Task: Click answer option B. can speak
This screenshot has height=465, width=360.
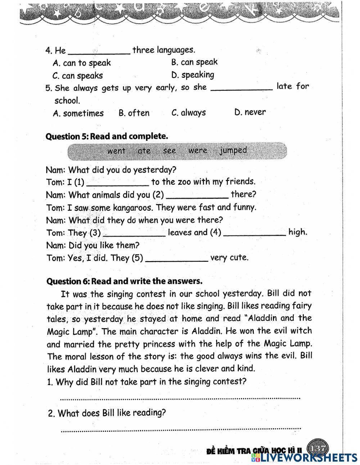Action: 194,62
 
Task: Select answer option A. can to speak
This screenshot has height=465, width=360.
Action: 82,63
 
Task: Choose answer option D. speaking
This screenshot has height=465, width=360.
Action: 193,75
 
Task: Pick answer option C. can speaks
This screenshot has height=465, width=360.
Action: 77,76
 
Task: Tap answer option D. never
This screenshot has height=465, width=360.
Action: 250,112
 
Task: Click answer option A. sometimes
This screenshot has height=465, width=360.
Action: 78,113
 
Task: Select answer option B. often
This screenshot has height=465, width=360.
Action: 134,113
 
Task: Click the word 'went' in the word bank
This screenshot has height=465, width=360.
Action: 116,151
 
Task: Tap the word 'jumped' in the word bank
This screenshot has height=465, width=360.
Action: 233,150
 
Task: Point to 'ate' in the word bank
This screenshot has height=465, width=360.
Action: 144,151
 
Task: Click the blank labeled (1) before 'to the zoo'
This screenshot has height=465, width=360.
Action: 118,183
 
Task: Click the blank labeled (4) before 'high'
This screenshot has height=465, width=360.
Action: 255,233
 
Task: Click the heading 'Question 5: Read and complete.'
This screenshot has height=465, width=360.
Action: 107,137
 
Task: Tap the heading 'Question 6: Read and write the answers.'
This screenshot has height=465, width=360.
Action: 125,281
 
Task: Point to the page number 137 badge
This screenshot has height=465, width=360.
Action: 317,448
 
